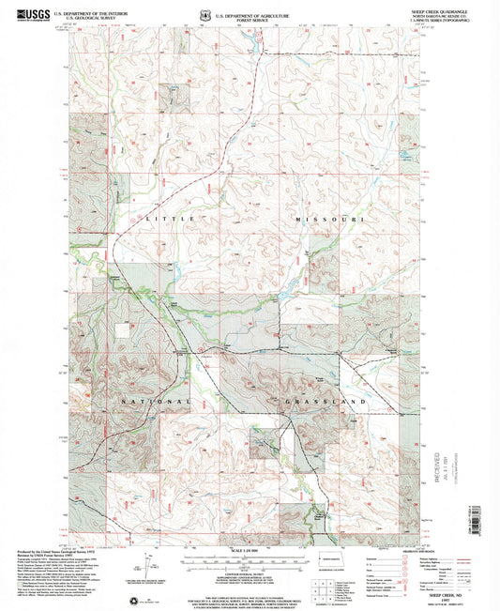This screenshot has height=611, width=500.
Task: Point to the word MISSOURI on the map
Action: point(329,218)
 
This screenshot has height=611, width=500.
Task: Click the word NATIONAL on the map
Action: point(156,401)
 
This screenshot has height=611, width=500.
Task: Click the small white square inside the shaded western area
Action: point(122,184)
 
